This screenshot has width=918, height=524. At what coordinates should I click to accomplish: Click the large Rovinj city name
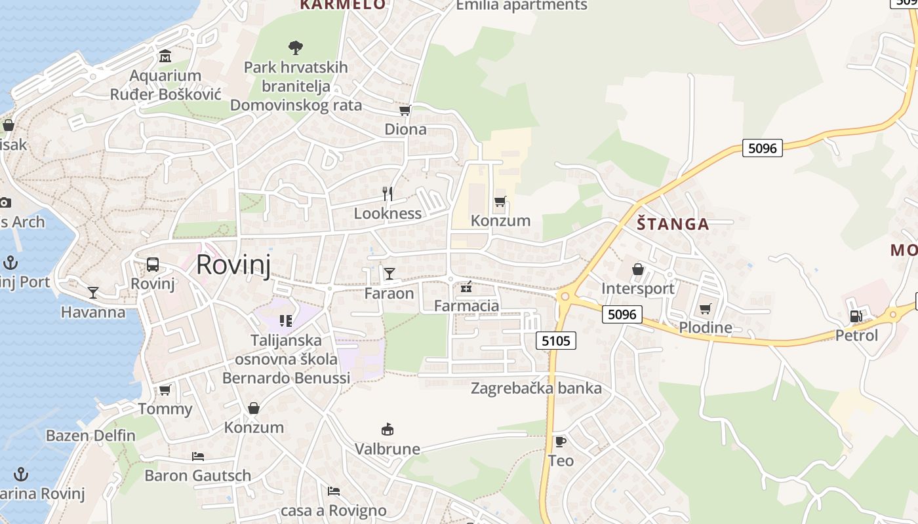233,265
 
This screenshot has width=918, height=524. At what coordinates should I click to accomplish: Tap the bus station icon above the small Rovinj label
153,265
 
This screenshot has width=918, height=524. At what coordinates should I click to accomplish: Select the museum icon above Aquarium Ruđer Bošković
165,56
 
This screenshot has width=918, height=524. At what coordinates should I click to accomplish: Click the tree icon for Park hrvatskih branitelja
296,47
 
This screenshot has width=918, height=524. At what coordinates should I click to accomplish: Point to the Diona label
405,129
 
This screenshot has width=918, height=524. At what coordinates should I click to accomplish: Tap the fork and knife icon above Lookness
388,193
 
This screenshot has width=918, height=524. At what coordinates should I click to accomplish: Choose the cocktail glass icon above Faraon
389,273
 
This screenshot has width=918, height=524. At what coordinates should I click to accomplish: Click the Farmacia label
466,306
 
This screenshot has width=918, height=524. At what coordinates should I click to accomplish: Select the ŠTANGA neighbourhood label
673,224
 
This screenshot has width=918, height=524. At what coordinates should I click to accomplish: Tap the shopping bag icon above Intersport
637,269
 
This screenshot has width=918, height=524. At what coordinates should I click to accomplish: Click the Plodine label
705,327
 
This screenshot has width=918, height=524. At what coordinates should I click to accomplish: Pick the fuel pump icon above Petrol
856,316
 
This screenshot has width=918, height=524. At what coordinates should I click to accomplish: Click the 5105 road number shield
556,341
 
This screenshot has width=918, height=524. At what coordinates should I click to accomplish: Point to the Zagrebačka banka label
536,388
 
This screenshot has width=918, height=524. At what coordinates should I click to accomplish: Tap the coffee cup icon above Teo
560,441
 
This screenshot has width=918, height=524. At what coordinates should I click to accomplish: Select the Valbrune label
387,449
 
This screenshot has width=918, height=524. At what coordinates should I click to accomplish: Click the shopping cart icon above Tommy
165,390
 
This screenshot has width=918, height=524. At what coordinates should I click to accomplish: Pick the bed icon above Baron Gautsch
197,456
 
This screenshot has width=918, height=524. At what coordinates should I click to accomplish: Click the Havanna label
93,312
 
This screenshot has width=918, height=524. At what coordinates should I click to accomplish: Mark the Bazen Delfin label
90,436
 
